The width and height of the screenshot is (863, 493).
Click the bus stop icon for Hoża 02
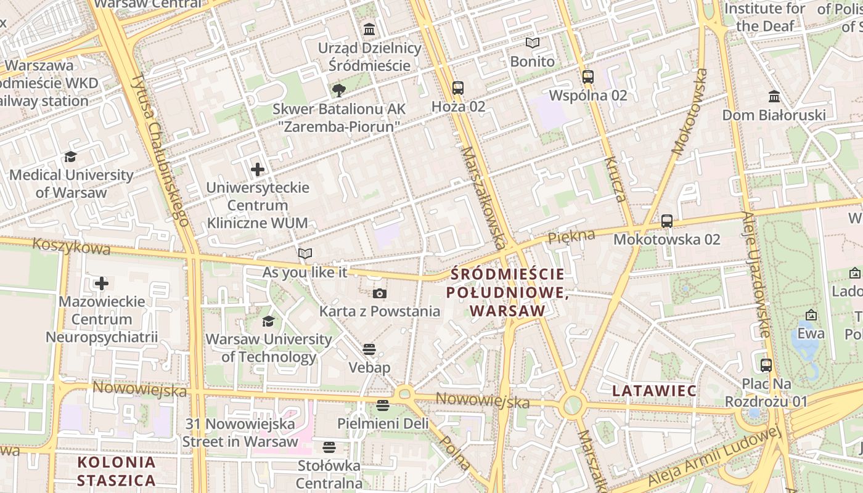457,88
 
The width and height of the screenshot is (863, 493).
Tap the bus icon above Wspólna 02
587,77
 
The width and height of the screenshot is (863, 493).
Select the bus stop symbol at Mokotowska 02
666,221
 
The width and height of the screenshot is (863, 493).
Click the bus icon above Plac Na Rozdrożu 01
766,365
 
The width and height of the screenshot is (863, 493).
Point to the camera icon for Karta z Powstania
380,293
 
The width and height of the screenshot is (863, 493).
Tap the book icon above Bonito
532,43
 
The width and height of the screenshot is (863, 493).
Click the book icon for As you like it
305,253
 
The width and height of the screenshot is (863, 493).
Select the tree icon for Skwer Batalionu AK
338,91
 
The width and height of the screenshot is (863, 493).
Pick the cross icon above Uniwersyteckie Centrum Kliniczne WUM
258,169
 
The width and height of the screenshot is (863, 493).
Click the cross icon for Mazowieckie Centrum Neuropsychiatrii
102,283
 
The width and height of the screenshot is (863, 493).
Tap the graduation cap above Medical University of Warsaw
71,157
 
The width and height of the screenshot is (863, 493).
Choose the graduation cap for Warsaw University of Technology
268,321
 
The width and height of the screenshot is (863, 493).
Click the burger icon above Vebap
369,350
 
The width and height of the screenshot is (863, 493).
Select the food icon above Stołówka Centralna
329,447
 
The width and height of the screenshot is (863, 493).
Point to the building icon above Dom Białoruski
774,97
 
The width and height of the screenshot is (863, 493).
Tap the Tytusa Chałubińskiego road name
160,148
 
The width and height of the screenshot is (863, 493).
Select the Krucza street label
615,179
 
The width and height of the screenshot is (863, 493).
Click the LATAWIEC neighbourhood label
655,391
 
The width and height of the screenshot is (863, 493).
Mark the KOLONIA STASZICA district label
117,471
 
